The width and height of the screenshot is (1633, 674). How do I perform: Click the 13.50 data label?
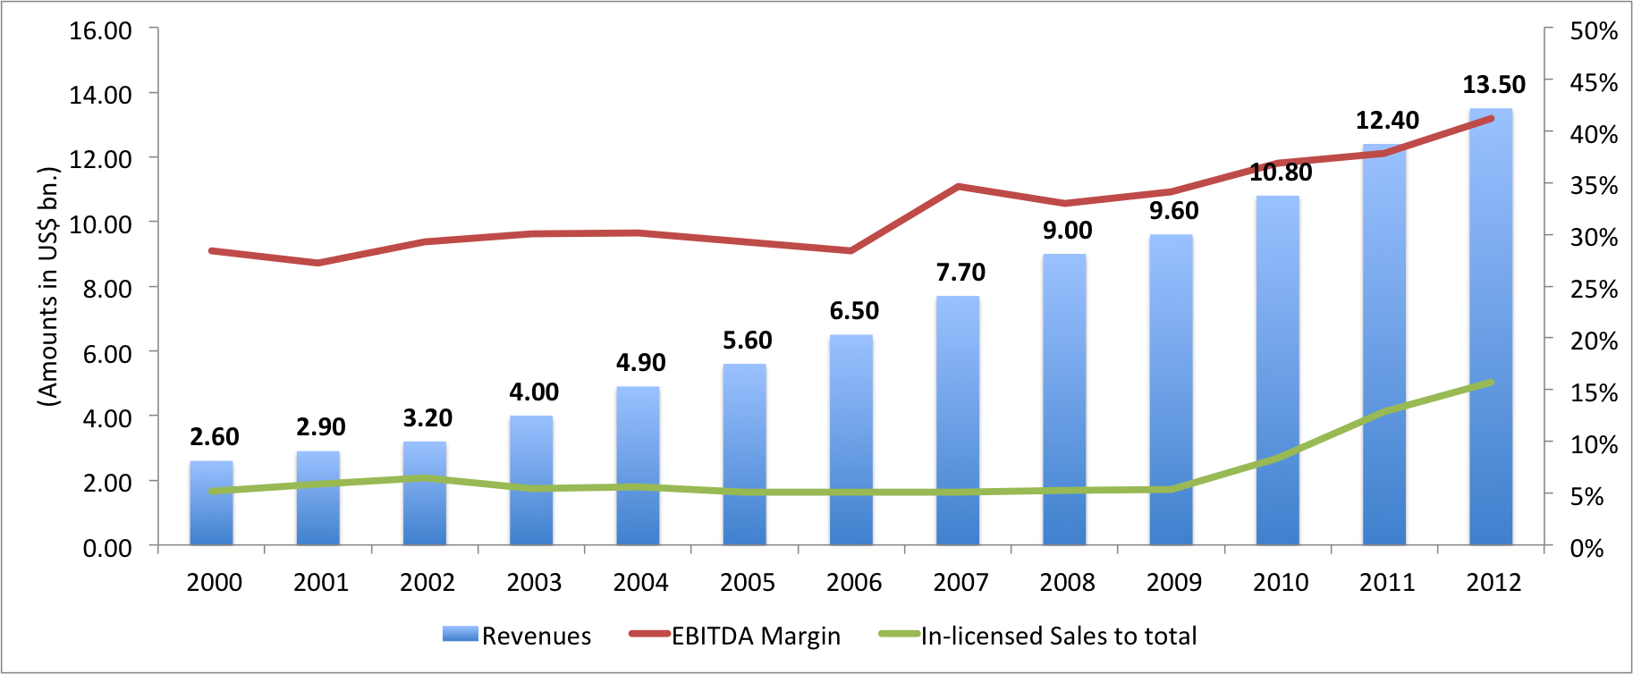[1493, 85]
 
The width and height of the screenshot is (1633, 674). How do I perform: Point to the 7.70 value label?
[960, 272]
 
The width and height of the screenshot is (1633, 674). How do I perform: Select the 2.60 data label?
[215, 436]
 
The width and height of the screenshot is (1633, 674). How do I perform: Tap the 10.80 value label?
[1281, 173]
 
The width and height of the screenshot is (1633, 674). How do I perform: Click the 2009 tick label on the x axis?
[1173, 583]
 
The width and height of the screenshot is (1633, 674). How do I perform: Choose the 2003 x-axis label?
[534, 583]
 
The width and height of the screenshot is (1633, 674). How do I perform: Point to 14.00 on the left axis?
[100, 94]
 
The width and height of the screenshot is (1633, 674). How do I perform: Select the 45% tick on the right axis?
[1594, 82]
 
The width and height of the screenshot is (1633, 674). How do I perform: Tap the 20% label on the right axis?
[1594, 341]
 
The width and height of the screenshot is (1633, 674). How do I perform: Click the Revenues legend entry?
[517, 636]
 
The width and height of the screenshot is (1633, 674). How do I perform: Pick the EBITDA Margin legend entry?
[735, 636]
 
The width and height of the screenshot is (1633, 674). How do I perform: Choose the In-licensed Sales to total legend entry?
[1037, 636]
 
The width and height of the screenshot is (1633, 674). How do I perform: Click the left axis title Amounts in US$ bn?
[48, 286]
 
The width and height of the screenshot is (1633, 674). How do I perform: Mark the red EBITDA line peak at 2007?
[958, 187]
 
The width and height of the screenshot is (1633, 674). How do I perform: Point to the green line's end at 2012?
[1491, 383]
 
